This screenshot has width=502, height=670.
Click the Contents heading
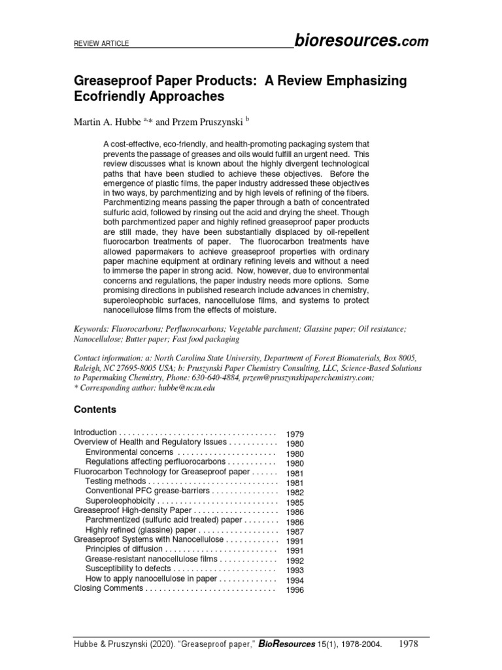(95, 410)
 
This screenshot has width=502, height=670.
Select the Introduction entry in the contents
(95, 432)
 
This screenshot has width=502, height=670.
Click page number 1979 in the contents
(295, 434)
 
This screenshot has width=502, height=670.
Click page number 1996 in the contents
(295, 590)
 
